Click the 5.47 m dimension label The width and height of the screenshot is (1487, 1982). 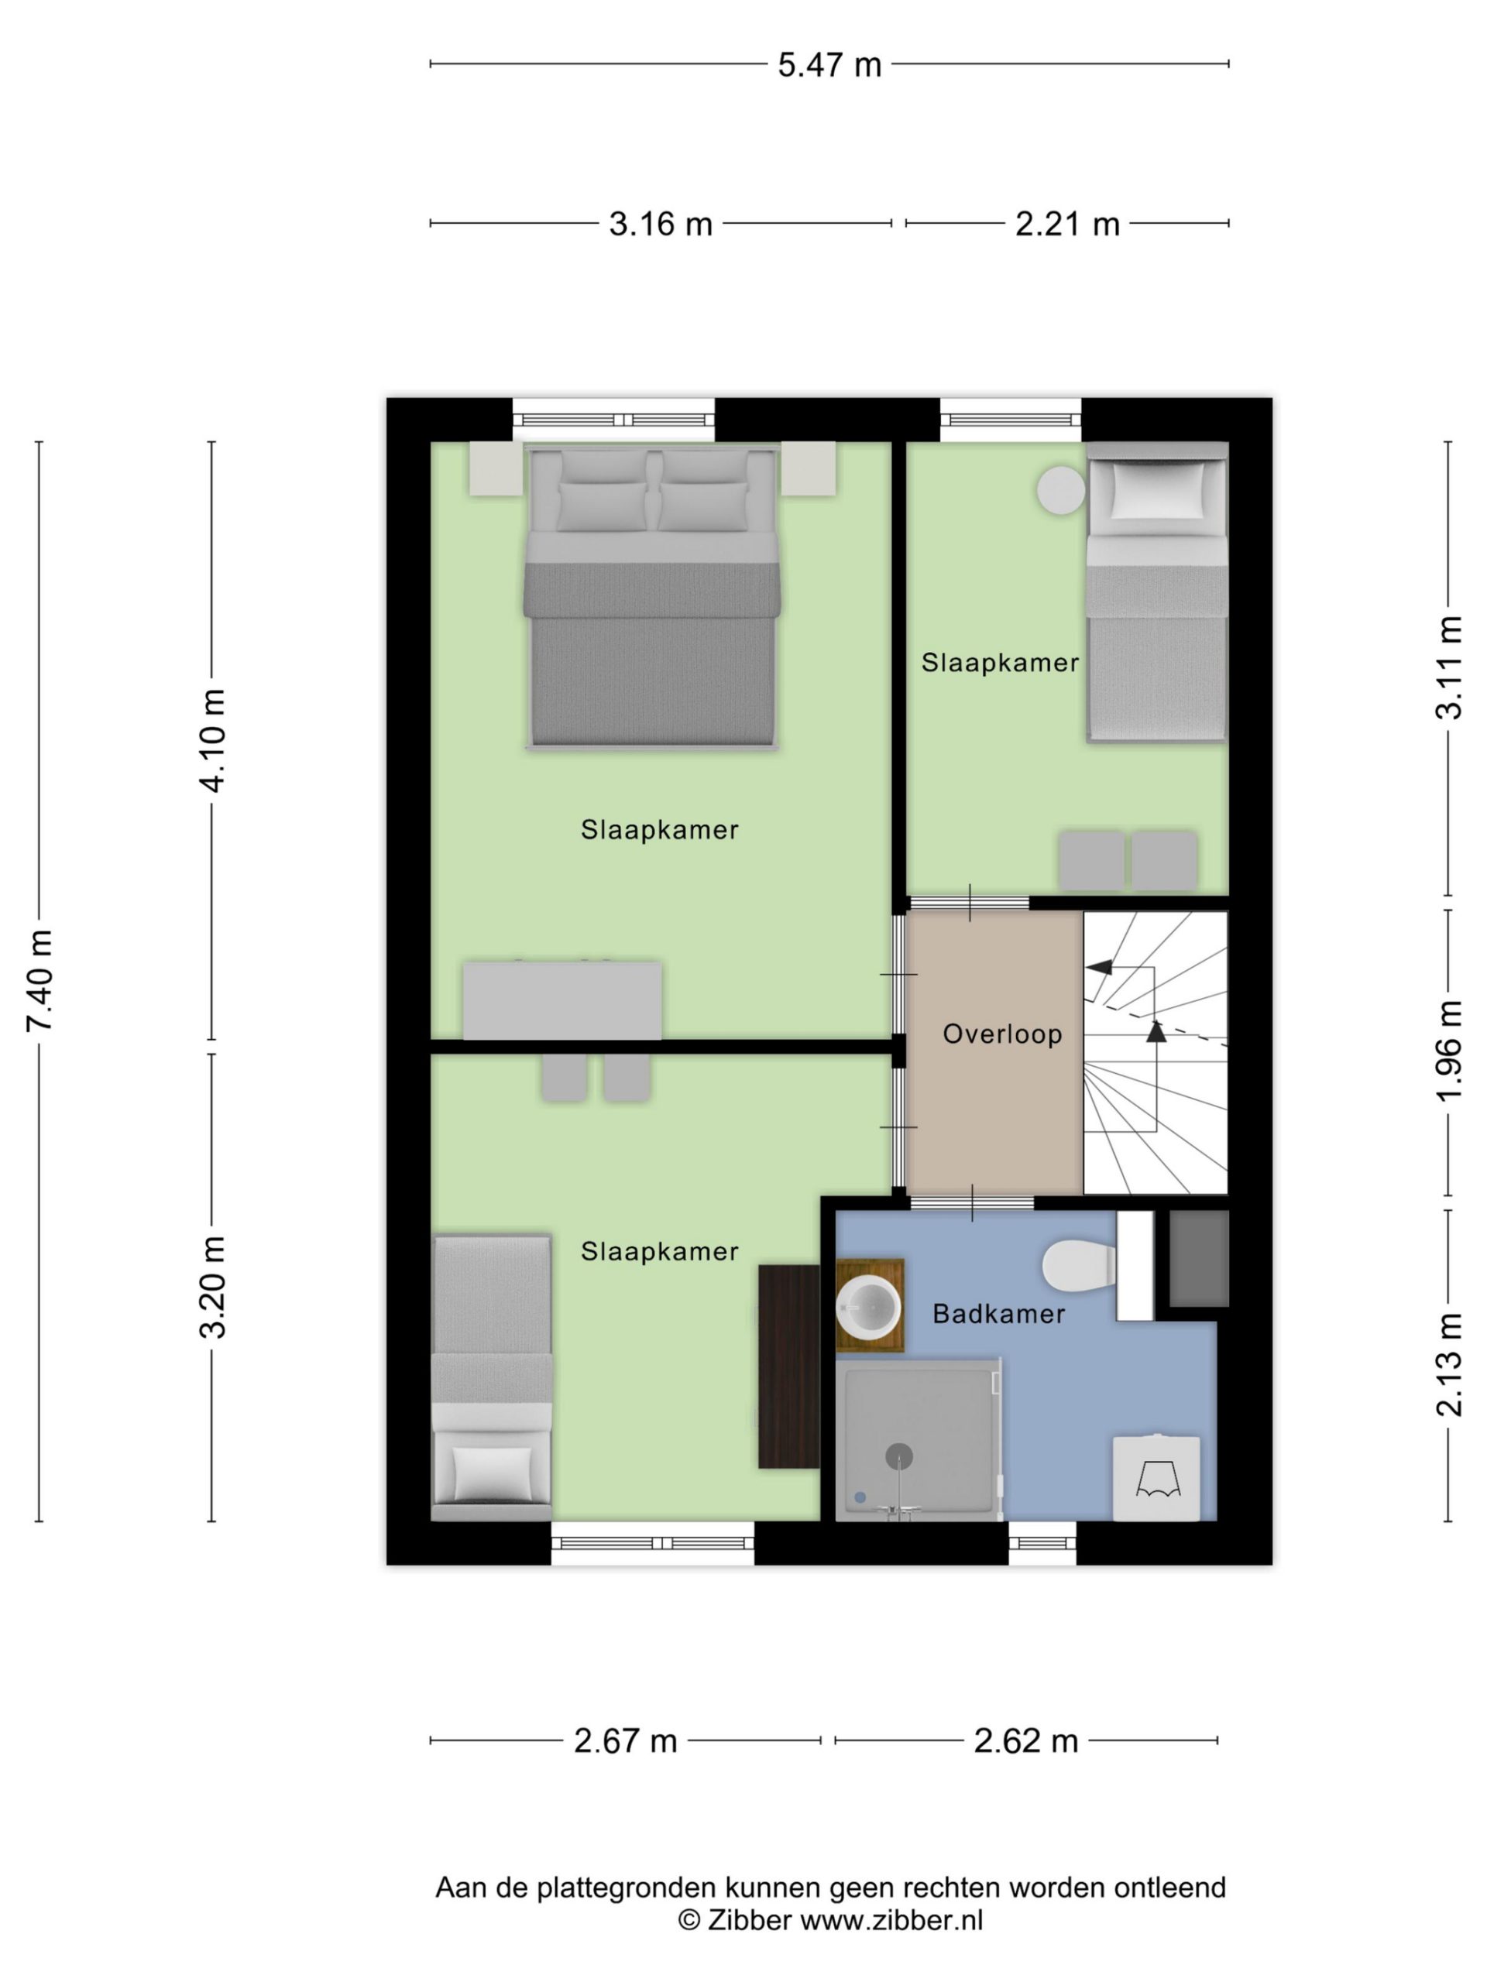829,65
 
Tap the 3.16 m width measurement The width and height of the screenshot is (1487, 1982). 661,224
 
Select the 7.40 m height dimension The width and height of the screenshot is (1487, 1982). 40,980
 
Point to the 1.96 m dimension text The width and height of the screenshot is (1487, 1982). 1449,1051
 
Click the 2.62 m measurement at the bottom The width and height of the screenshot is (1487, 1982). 1025,1741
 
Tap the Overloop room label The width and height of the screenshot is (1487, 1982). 1002,1034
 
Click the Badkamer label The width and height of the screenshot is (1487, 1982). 998,1314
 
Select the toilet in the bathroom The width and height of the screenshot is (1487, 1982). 1079,1266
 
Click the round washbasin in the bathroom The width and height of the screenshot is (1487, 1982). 867,1305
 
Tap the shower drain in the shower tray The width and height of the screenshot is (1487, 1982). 899,1456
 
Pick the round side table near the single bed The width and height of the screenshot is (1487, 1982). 1060,490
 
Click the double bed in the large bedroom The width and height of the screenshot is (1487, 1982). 651,596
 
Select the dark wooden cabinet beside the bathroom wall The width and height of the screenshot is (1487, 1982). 788,1366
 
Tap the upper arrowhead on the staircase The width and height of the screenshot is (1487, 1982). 1099,967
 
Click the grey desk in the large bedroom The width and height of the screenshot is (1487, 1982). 562,1001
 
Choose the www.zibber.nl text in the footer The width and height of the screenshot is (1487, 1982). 891,1919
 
